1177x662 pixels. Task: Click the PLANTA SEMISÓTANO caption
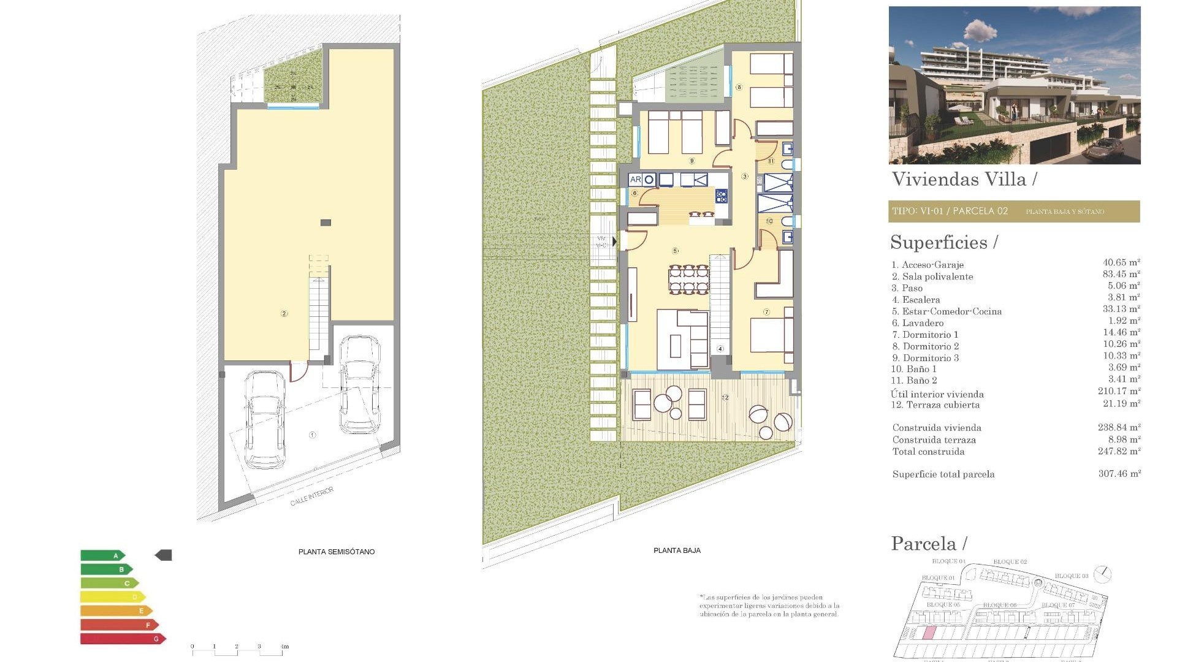click(336, 552)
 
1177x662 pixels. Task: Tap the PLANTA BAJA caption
click(677, 550)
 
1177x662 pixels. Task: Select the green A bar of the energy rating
click(102, 555)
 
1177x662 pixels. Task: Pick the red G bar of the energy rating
click(123, 639)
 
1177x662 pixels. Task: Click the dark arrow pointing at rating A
click(164, 555)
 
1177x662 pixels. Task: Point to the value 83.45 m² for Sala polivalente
click(1121, 274)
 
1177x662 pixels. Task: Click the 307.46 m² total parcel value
click(1119, 474)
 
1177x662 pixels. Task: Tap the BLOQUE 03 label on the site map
click(1071, 576)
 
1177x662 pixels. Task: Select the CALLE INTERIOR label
click(312, 496)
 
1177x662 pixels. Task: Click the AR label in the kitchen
click(635, 180)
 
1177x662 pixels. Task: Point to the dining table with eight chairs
click(689, 279)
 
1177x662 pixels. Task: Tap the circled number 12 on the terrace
click(725, 398)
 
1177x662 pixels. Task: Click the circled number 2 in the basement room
click(284, 313)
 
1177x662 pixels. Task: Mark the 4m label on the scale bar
click(284, 647)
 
